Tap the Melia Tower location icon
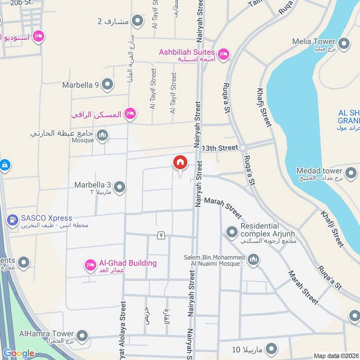[344, 44]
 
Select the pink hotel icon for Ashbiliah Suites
[224, 55]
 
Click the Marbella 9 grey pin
[107, 84]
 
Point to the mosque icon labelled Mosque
[103, 135]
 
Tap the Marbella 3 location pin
[119, 187]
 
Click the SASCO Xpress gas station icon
[12, 220]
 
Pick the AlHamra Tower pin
[82, 336]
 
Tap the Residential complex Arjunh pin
[232, 232]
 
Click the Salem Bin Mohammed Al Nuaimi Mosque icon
[254, 260]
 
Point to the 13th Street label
[219, 148]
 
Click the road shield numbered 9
[160, 235]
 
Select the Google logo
[18, 353]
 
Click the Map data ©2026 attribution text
[336, 355]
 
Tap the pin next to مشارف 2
[137, 21]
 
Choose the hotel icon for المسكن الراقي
[130, 114]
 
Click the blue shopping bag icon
[4, 165]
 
